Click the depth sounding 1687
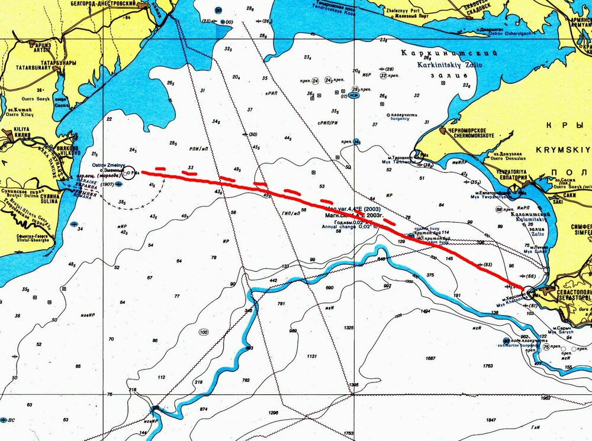coord(430,358)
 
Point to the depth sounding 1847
coord(491,420)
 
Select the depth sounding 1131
coord(312,357)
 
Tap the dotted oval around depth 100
coord(204,333)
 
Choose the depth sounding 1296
coord(273,413)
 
